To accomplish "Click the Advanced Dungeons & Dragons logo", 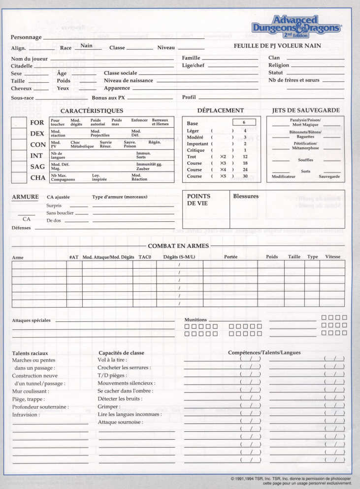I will (296, 28).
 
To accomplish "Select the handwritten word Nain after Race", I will (87, 45).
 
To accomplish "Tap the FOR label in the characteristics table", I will (37, 123).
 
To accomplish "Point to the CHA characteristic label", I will (37, 178).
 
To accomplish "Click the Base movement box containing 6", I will (244, 122).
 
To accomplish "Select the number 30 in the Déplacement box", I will (245, 176).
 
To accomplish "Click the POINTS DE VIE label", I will (198, 200).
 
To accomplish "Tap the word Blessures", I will (246, 196).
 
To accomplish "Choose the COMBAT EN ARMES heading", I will (178, 246).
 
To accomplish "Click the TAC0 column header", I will (145, 257).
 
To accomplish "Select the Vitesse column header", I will (332, 257).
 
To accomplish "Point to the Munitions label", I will (196, 319).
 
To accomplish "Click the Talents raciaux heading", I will (30, 353).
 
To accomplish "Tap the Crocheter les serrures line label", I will (124, 368).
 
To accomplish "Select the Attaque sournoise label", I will (120, 422).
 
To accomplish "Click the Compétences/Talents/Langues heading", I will (264, 352).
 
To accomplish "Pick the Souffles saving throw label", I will (305, 160).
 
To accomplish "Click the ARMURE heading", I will (25, 197).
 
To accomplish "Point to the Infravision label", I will (26, 415).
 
